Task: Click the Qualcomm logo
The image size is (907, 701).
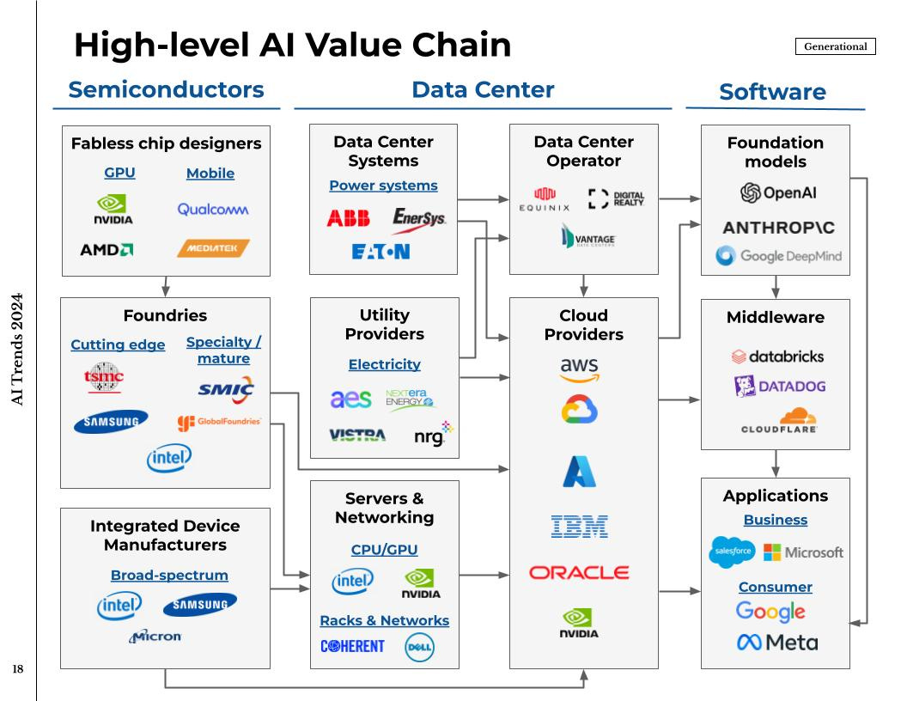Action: [x=213, y=210]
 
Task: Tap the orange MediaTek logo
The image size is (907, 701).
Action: [x=213, y=248]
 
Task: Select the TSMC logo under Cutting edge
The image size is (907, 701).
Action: [x=104, y=377]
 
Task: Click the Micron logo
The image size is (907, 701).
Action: [x=155, y=637]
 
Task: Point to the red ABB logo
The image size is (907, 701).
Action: [x=348, y=219]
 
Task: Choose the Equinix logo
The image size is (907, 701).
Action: [x=545, y=200]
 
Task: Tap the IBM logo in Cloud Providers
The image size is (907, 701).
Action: [x=579, y=526]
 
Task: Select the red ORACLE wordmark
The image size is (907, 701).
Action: [x=579, y=572]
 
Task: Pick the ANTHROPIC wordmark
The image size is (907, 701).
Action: [x=778, y=228]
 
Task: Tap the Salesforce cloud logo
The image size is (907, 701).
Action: [x=733, y=551]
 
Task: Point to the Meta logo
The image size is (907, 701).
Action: [x=776, y=642]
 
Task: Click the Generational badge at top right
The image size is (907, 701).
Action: [x=835, y=46]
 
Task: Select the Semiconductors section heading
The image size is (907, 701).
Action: [x=166, y=89]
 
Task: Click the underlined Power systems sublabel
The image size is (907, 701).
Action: [x=383, y=186]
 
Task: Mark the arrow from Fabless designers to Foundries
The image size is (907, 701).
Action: [x=166, y=286]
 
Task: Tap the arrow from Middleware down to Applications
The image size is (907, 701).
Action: [x=776, y=463]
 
